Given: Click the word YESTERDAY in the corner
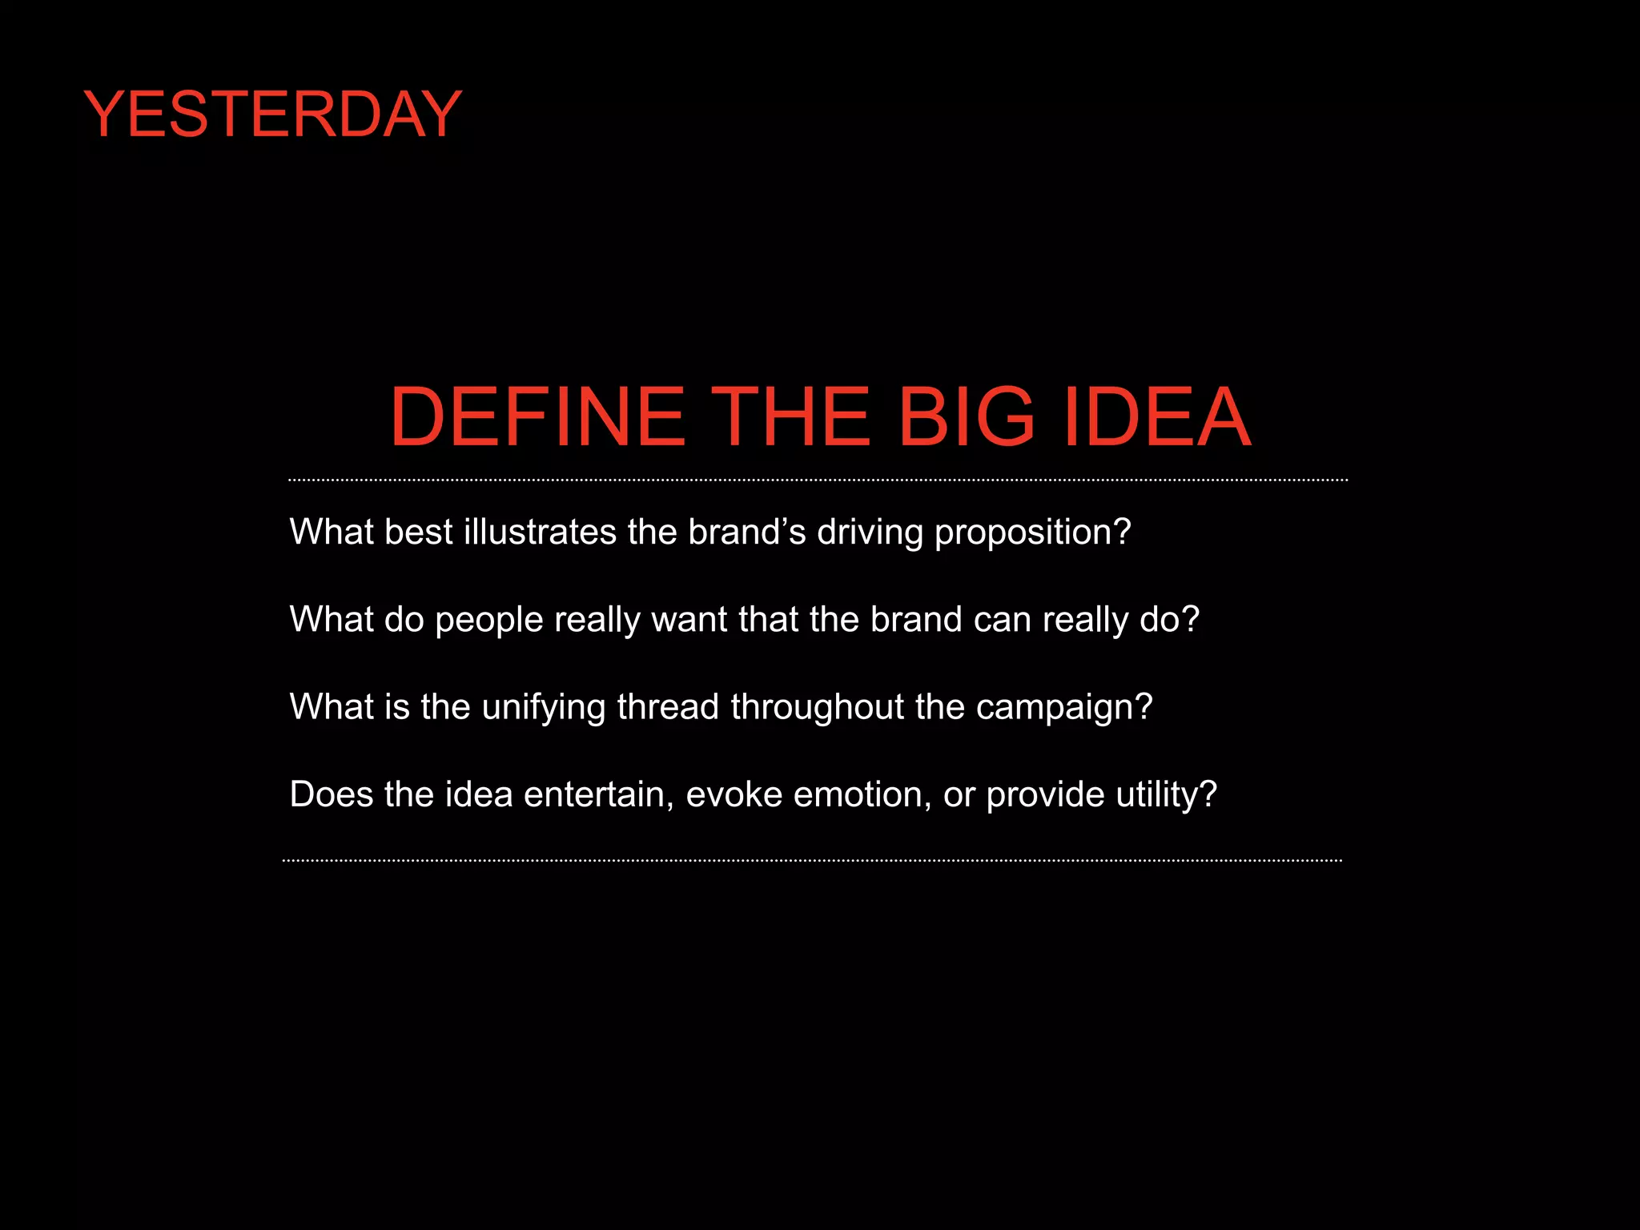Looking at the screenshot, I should [272, 115].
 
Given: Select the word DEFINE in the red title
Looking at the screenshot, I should [537, 416].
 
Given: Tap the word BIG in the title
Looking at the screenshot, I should [966, 416].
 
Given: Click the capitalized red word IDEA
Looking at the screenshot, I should [1157, 416].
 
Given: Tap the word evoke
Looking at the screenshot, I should [734, 794].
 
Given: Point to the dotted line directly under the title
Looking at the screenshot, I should [818, 480].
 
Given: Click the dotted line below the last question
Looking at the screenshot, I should [812, 861].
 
